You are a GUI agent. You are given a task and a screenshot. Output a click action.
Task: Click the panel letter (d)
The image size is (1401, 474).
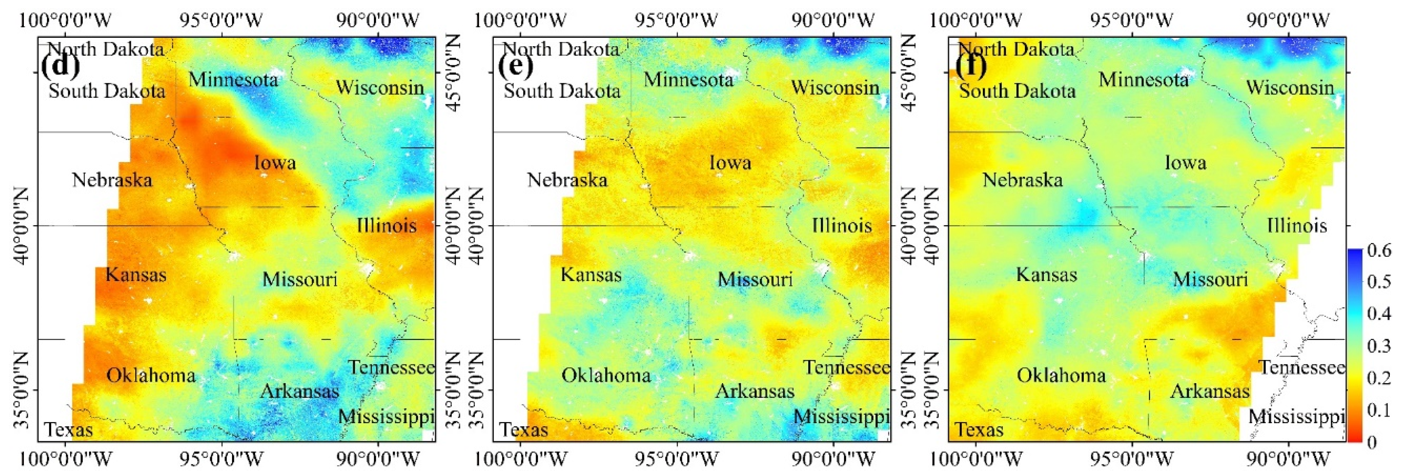tap(60, 66)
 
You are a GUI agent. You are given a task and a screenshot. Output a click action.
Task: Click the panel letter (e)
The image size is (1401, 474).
tap(515, 66)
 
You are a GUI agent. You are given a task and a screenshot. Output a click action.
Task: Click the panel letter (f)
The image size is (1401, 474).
tap(970, 66)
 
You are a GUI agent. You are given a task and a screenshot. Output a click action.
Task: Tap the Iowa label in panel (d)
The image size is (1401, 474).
tap(275, 162)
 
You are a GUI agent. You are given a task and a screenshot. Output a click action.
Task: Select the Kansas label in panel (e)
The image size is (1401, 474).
tap(591, 275)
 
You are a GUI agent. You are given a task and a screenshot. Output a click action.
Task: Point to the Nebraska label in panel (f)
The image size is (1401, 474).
tap(1023, 180)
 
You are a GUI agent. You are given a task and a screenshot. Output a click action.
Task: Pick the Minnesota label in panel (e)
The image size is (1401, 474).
tap(688, 80)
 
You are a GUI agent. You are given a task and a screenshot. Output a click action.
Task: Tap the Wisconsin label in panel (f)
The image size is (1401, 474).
tap(1290, 87)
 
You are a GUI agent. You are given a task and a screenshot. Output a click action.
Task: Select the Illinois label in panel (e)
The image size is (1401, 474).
tap(842, 225)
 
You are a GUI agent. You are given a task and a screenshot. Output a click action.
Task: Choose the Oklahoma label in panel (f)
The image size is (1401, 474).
tap(1061, 375)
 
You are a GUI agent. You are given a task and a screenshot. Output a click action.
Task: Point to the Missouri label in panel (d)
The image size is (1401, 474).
tap(300, 280)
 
